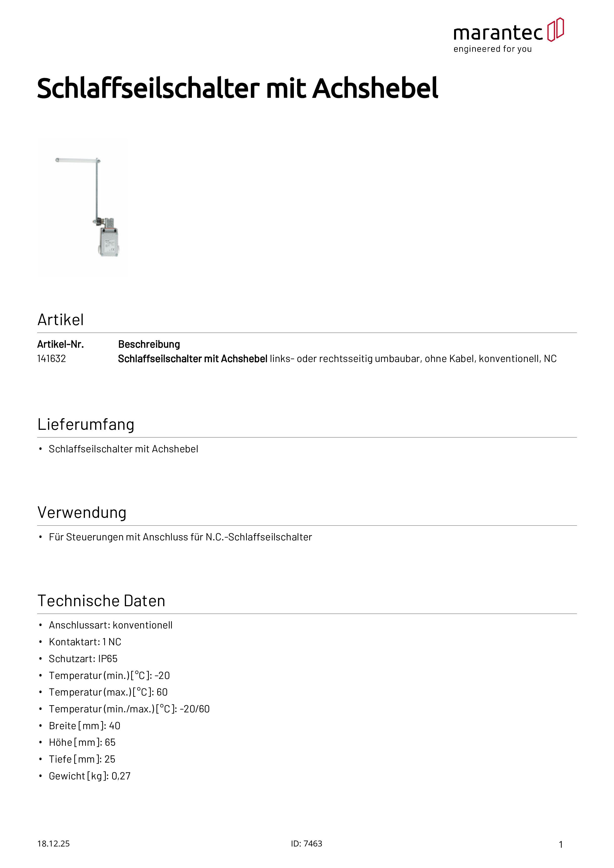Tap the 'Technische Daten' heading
coord(101,601)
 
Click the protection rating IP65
coord(108,659)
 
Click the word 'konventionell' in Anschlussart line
coord(142,625)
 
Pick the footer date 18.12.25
coord(53,844)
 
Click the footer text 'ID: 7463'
coord(307,844)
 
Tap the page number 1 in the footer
coord(561,844)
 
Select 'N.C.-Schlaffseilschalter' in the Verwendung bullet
coord(259,537)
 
